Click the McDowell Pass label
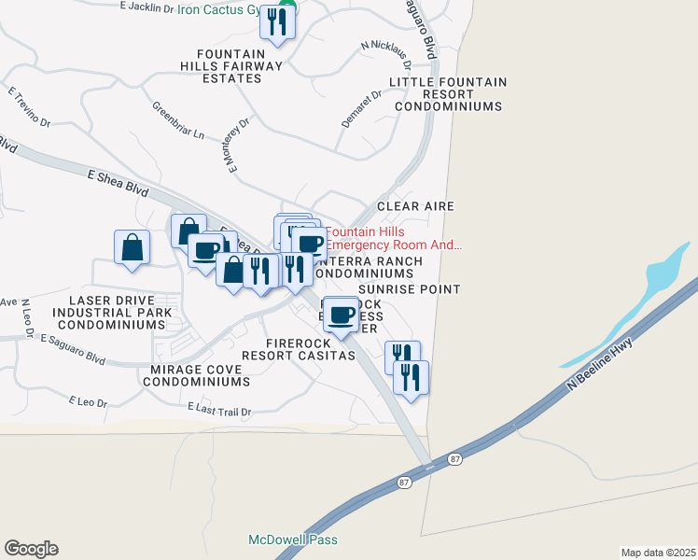tap(293, 539)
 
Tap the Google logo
tap(31, 549)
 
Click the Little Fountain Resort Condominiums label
tap(449, 94)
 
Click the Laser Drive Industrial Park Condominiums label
tap(111, 312)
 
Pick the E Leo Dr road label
tap(89, 402)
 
